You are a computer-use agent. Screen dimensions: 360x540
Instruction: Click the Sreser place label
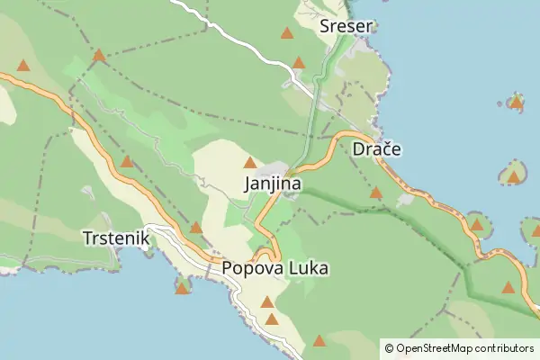click(x=346, y=26)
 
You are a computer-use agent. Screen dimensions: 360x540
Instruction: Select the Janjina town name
click(x=272, y=184)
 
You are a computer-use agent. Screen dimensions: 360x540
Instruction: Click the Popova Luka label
click(x=274, y=268)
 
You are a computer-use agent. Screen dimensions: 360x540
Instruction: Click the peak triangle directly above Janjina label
click(x=250, y=162)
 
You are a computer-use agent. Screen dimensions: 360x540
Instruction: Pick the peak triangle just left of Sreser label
click(x=287, y=33)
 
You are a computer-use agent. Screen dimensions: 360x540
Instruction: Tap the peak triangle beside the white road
click(x=299, y=63)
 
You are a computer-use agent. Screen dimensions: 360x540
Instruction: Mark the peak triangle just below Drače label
click(x=376, y=193)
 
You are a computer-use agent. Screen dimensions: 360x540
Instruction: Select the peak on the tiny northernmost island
click(x=517, y=102)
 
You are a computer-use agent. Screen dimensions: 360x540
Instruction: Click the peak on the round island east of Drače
click(x=513, y=176)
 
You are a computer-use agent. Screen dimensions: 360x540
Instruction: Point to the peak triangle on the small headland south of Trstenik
click(x=183, y=287)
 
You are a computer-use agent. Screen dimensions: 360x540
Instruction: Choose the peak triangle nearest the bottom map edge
click(x=319, y=340)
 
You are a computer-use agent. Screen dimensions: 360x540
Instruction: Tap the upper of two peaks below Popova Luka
click(x=267, y=301)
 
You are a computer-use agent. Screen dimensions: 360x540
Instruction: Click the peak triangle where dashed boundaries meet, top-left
click(x=99, y=56)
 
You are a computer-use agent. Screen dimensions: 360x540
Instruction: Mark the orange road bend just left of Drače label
click(x=338, y=139)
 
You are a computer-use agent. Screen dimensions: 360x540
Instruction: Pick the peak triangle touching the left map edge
click(x=23, y=66)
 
